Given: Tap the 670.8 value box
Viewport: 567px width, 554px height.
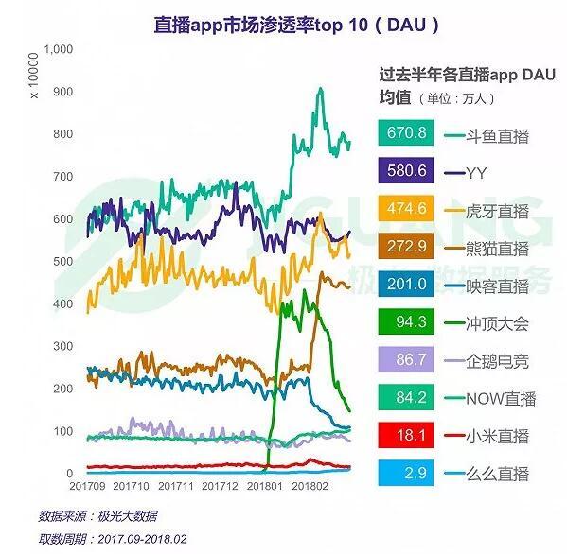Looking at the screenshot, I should coord(406,135).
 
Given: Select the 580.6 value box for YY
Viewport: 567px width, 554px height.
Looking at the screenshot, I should coord(406,172).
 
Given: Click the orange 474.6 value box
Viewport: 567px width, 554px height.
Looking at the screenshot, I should coord(406,210).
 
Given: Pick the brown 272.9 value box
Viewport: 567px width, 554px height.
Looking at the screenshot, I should coord(406,248).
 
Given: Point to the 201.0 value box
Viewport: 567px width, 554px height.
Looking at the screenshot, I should coord(406,286).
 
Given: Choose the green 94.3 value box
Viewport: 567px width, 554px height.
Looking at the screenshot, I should coord(406,323).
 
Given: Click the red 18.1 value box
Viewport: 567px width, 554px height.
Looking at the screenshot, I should coord(406,436).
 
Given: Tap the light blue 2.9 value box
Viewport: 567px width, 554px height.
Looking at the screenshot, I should coord(406,474).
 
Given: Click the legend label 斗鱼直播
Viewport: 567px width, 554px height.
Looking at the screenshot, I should coord(497,135).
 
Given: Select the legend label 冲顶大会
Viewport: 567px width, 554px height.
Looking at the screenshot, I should coord(497,323).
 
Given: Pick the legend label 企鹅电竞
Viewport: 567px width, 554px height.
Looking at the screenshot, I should coord(497,361).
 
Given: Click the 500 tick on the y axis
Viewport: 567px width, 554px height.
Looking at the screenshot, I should coord(62,261).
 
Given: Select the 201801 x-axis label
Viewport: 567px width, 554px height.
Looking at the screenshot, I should coord(267,485).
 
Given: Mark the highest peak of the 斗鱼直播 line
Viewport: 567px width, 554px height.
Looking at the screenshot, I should coord(320,89).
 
